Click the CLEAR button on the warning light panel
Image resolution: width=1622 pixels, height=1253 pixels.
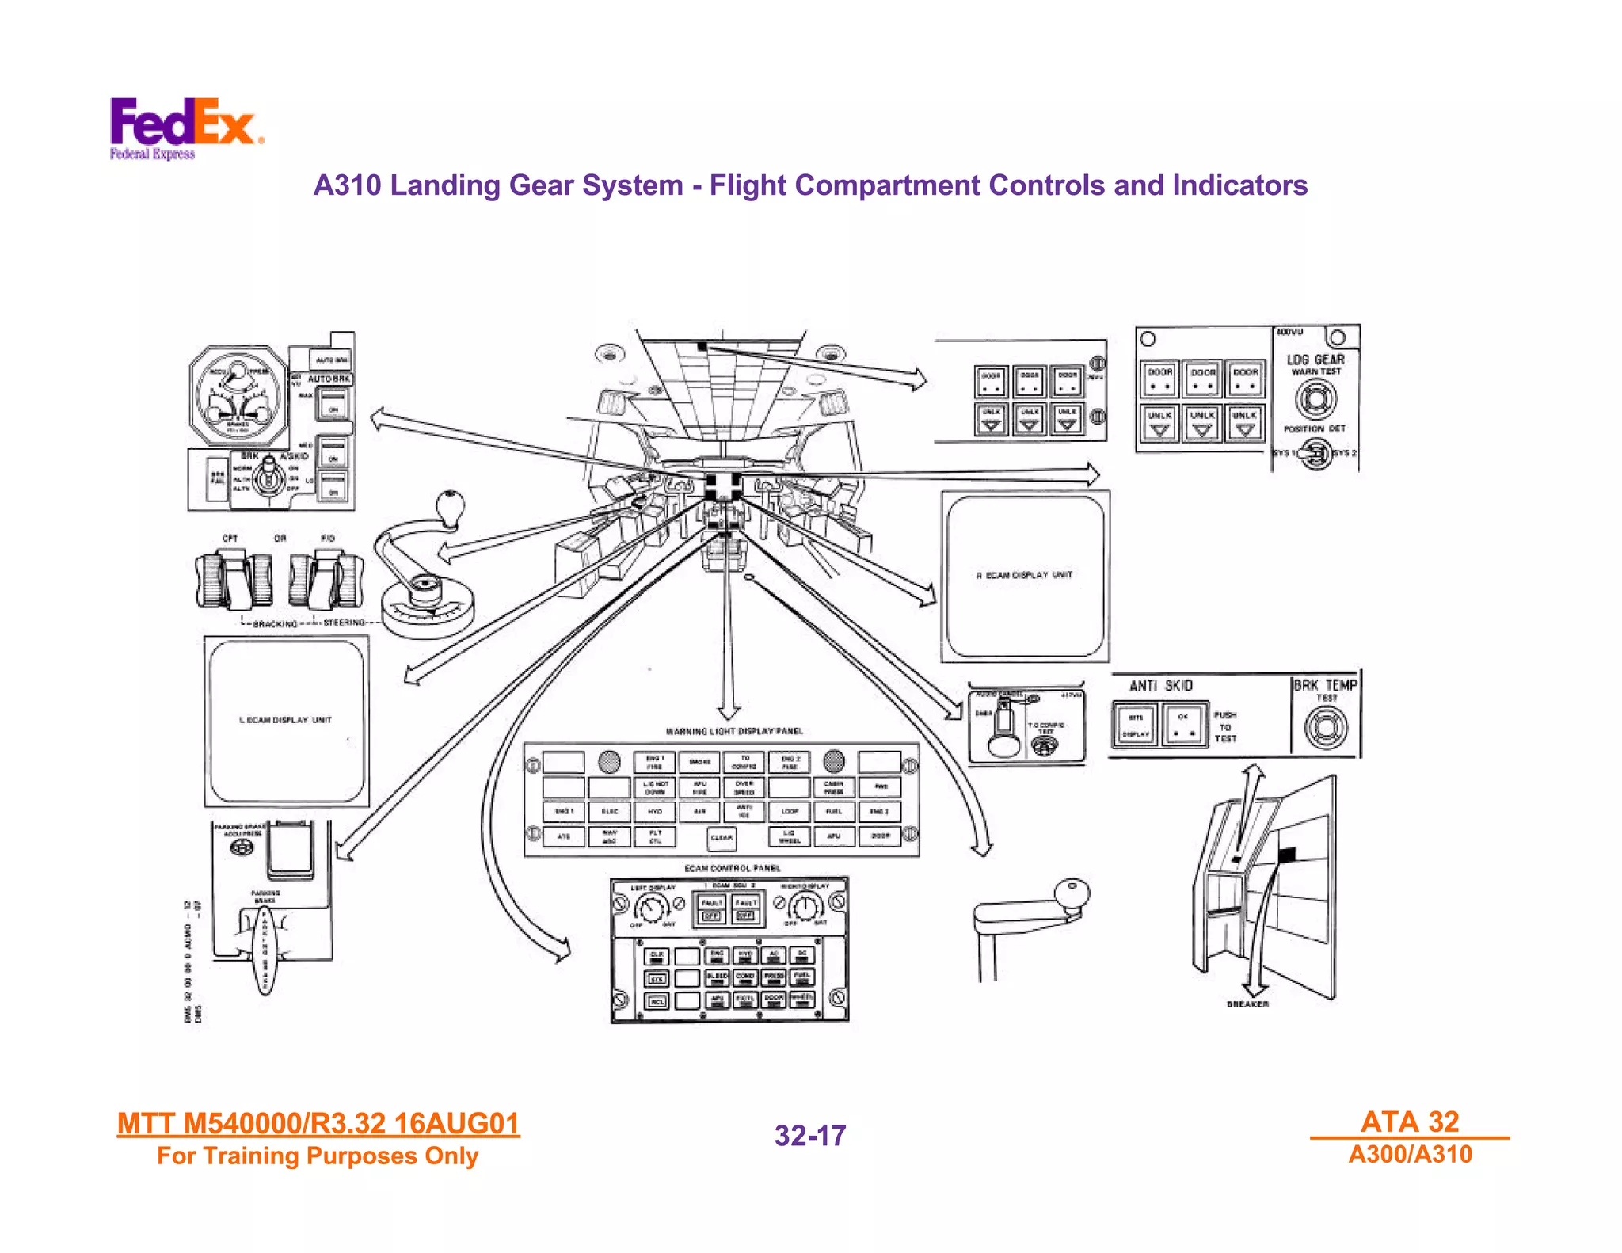(x=722, y=837)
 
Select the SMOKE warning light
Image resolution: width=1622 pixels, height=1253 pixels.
(x=699, y=762)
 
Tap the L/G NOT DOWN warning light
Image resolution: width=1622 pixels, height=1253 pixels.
(x=655, y=786)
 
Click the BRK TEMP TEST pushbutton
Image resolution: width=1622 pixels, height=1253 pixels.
(x=1325, y=727)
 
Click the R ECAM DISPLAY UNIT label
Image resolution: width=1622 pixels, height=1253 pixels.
(x=1025, y=575)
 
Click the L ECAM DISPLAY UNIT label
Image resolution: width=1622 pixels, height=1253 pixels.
(x=286, y=720)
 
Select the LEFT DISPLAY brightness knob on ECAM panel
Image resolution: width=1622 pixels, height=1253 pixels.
(x=652, y=907)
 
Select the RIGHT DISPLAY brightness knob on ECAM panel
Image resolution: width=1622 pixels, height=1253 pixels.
(x=805, y=907)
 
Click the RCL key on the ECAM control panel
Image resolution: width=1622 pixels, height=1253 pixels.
(x=657, y=1001)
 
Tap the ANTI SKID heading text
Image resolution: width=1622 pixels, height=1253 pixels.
(x=1160, y=686)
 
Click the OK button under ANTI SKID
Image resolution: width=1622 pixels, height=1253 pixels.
(x=1183, y=723)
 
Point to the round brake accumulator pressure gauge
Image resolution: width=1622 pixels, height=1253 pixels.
(x=238, y=396)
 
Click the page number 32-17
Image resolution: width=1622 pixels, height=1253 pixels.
(x=810, y=1136)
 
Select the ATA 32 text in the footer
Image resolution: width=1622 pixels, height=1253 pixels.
(x=1410, y=1122)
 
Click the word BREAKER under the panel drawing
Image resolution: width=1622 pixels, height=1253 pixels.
(x=1247, y=1004)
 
